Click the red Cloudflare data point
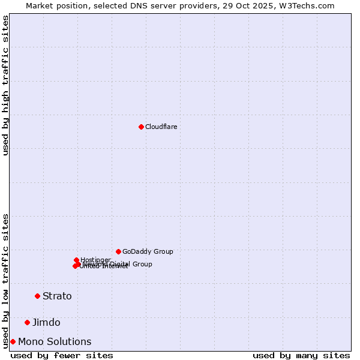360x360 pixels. [x=141, y=127]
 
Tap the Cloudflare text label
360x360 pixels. [x=161, y=127]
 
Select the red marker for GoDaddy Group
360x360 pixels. [x=118, y=251]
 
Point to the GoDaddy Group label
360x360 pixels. [x=148, y=252]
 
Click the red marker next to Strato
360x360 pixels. [x=37, y=296]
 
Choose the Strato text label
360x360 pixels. [x=57, y=296]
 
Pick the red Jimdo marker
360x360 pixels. [x=27, y=322]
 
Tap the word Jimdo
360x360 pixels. [x=46, y=323]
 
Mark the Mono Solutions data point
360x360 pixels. [x=13, y=341]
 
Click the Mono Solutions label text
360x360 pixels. [x=55, y=342]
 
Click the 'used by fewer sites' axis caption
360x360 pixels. [x=62, y=356]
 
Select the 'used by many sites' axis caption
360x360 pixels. [x=301, y=356]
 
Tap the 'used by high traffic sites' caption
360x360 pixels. [x=5, y=85]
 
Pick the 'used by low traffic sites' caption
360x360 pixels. [x=5, y=280]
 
